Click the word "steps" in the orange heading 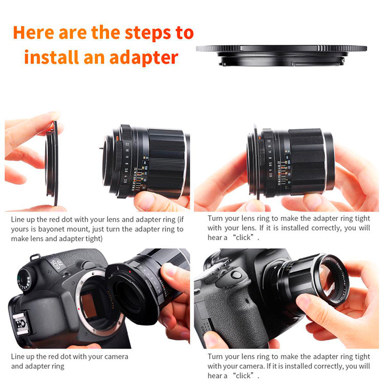point(147,33)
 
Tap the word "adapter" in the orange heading point(144,58)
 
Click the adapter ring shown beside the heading point(281,55)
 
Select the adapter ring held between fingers point(52,162)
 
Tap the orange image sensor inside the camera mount point(89,306)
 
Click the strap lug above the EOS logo point(35,257)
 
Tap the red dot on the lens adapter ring point(130,272)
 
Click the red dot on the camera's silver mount point(79,309)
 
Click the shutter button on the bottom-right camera point(237,275)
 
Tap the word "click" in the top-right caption point(243,237)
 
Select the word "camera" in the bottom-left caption point(115,356)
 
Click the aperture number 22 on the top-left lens point(127,144)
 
